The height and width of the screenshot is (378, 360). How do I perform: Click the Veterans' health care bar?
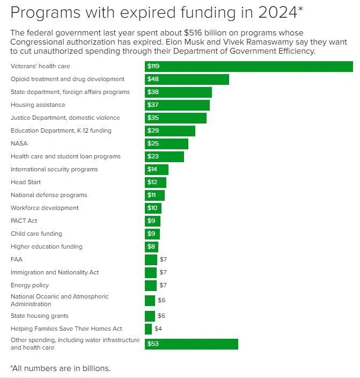(x=249, y=66)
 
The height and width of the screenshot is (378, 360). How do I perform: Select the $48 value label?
(x=153, y=79)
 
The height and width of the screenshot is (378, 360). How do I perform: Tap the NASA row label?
(x=19, y=143)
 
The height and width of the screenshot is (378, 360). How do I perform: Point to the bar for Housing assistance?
(x=177, y=105)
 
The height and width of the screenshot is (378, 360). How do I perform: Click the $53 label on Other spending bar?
(x=153, y=344)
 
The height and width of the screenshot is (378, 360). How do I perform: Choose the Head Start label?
(x=26, y=182)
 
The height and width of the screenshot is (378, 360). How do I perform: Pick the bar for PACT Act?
(x=152, y=221)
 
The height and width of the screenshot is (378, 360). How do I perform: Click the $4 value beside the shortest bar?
(x=158, y=329)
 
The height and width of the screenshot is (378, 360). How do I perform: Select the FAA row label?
(x=17, y=259)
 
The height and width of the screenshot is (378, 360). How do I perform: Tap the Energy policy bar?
(x=151, y=285)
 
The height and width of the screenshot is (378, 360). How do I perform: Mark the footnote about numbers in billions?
(x=60, y=368)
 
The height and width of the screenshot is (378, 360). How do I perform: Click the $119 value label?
(x=155, y=67)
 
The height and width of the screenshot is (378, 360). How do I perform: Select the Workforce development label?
(x=45, y=208)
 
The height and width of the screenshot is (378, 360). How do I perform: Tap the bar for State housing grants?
(x=150, y=316)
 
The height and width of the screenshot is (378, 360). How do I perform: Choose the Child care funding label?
(x=36, y=234)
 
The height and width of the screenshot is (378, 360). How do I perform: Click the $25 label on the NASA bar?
(x=153, y=144)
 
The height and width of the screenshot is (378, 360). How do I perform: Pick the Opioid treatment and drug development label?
(x=68, y=79)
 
